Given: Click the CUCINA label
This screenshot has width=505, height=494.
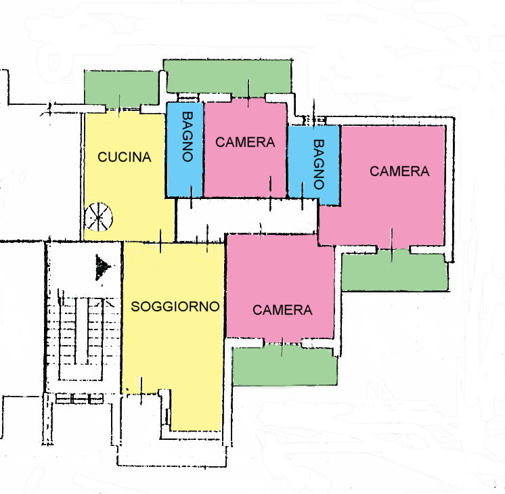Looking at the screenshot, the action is click(x=125, y=157).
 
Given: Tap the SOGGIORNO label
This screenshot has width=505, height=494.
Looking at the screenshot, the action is click(x=175, y=307).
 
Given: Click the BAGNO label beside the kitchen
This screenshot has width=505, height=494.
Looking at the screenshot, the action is click(x=188, y=137).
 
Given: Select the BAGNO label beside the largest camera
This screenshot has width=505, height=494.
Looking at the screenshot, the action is click(x=319, y=164).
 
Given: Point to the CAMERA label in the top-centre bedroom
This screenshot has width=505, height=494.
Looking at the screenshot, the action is click(x=245, y=142).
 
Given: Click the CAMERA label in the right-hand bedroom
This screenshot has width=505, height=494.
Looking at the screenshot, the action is click(x=399, y=171).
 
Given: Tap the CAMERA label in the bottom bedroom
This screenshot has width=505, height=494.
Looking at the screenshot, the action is click(x=282, y=310).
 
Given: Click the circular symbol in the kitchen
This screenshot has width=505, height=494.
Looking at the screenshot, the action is click(x=98, y=217).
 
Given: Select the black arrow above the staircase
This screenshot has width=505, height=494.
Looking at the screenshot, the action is click(x=103, y=267).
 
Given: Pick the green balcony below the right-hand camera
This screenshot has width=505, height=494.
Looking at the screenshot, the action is click(x=395, y=272).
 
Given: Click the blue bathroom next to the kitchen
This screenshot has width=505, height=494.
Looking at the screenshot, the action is click(x=185, y=150).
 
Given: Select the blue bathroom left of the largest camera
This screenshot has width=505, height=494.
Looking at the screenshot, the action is click(x=314, y=165).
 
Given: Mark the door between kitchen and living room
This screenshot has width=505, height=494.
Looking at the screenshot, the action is click(x=160, y=242).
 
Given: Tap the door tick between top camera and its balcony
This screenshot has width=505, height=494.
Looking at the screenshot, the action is click(x=248, y=93).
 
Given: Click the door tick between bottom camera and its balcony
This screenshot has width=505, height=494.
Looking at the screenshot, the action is click(x=282, y=347).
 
